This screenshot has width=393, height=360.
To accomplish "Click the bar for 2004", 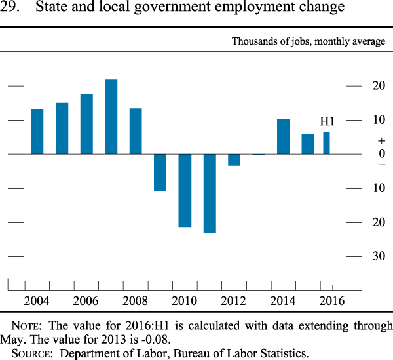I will [x=37, y=131].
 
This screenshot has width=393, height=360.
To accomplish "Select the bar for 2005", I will [x=62, y=129].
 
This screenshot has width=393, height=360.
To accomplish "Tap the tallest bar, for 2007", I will [x=111, y=117].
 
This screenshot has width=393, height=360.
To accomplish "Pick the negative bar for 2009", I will [x=160, y=172].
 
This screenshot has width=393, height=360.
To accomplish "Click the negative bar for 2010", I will [x=185, y=190].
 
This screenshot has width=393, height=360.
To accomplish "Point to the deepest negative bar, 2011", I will [x=210, y=193].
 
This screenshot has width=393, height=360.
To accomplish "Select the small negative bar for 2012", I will [x=234, y=159].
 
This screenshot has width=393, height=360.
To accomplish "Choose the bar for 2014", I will [x=283, y=136].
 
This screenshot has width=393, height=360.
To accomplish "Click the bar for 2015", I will [x=308, y=144].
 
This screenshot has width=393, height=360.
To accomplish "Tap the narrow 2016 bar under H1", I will [x=326, y=143].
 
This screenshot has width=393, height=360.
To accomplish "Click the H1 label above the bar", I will [x=327, y=121].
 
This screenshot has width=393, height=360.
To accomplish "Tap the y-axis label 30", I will [x=360, y=256].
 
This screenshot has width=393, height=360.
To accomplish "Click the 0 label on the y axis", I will [x=364, y=153].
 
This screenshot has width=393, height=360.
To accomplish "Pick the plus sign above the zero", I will [x=364, y=141].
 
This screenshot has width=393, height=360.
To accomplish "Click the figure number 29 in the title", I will [x=10, y=9].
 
